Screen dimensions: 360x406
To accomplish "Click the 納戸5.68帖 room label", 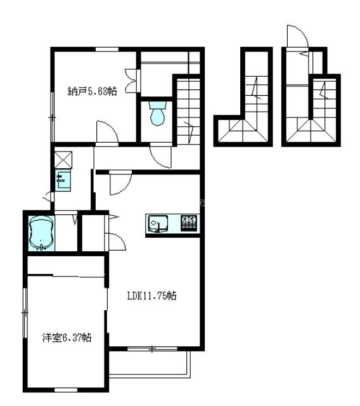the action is click(x=92, y=91).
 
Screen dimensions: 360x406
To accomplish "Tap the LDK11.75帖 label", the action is click(x=152, y=296).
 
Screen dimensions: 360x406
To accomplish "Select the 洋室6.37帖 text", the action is click(x=67, y=337).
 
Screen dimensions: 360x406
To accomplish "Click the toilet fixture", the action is click(x=157, y=114).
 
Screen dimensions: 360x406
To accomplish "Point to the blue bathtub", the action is click(x=41, y=233).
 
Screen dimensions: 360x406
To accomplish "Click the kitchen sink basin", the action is click(x=158, y=223).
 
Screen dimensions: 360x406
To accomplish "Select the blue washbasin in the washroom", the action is click(x=63, y=180).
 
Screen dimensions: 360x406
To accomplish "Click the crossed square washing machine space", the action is click(x=63, y=160).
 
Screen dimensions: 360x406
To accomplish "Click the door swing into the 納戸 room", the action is click(x=107, y=131).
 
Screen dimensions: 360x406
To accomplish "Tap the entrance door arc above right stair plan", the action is click(x=297, y=36).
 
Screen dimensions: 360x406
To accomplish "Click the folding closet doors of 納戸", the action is click(x=131, y=81).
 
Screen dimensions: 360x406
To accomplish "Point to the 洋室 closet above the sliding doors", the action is click(x=66, y=265).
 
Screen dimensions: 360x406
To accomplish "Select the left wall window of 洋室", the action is click(x=25, y=313).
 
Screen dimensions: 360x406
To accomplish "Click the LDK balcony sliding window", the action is click(x=152, y=349).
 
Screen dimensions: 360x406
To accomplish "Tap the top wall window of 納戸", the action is click(x=107, y=49).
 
